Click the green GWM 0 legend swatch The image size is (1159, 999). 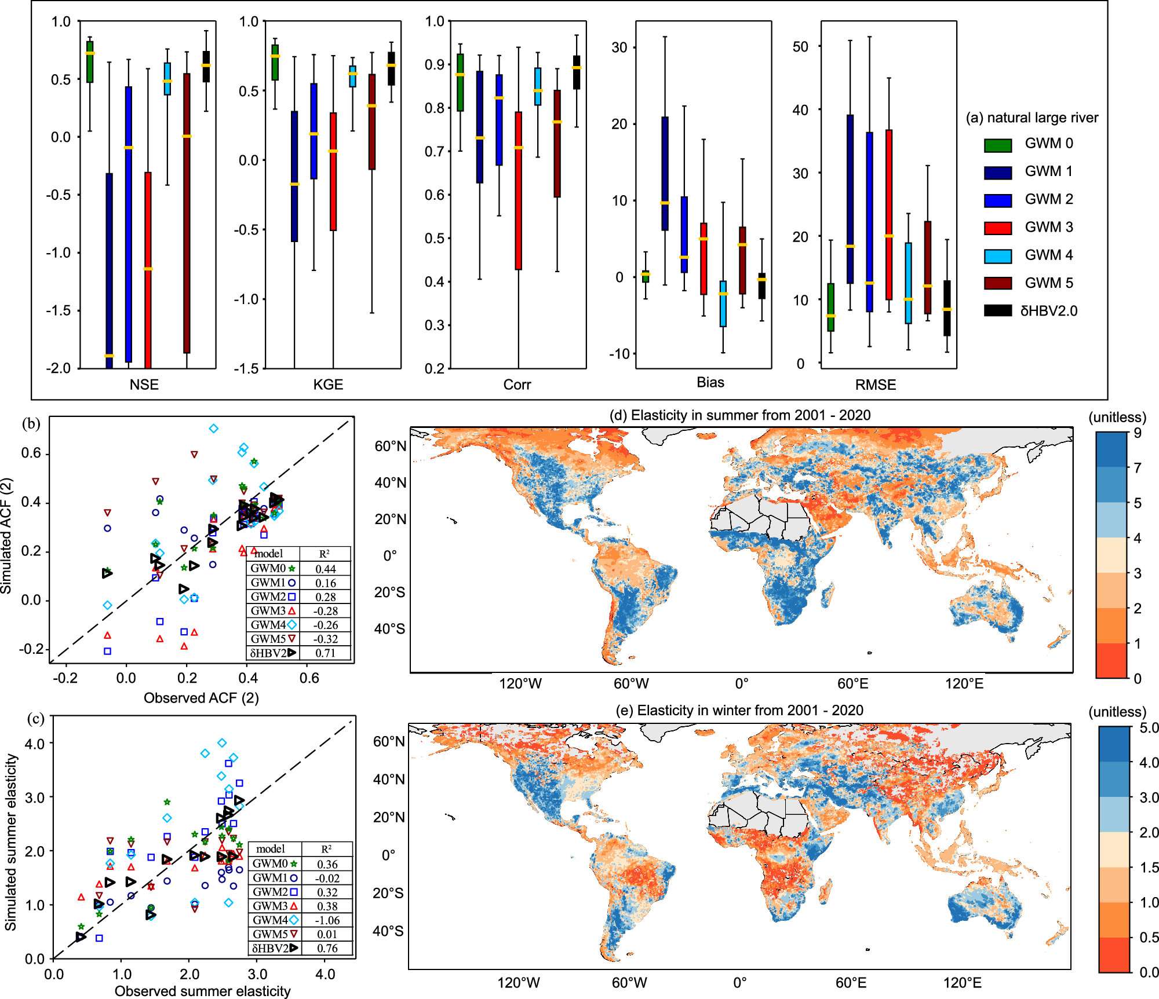997,145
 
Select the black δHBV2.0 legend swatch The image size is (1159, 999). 997,311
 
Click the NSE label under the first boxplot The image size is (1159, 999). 144,385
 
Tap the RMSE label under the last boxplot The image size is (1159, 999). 875,385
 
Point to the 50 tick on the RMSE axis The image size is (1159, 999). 800,46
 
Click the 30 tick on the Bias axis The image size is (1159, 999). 619,47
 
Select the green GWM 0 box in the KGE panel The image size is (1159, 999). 275,63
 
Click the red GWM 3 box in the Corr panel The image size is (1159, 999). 519,191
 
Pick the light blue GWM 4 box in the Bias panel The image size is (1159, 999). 723,304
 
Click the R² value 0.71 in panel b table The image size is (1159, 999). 326,653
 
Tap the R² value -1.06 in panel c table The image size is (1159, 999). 327,920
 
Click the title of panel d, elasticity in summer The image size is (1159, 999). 740,415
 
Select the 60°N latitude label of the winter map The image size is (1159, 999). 389,742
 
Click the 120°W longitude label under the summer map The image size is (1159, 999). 520,684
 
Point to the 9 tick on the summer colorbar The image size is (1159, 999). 1138,433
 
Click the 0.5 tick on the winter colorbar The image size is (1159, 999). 1149,938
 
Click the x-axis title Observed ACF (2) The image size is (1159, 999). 201,698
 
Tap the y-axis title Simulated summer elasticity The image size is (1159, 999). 10,842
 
